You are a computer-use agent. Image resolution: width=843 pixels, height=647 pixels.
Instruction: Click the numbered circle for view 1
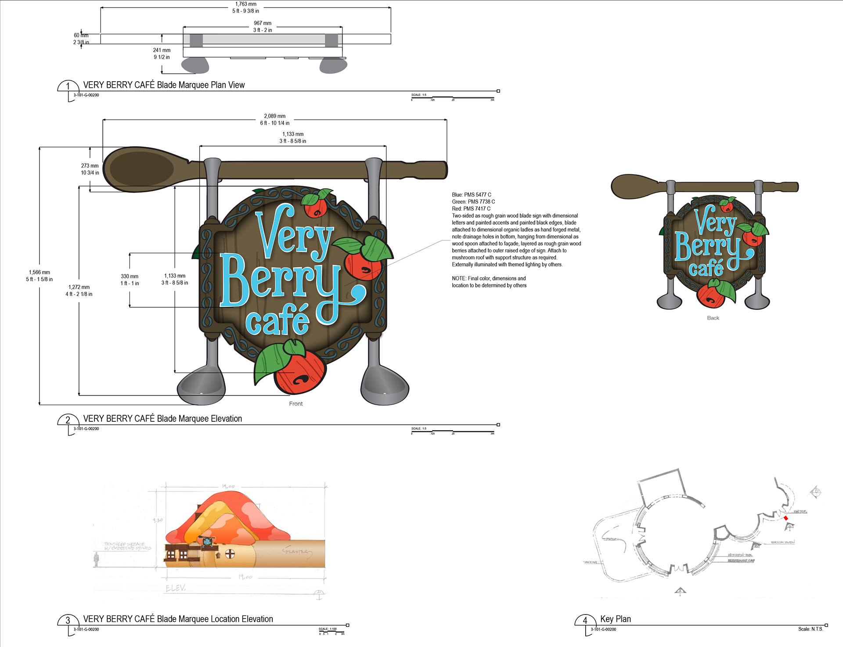[68, 86]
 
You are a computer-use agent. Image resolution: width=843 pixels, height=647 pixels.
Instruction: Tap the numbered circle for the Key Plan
[585, 620]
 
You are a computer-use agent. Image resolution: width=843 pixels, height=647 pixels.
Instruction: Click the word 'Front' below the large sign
[296, 404]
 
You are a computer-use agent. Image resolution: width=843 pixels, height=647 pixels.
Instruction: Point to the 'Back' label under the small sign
[713, 318]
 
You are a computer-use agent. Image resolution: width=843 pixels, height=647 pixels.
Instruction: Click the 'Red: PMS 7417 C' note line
[471, 208]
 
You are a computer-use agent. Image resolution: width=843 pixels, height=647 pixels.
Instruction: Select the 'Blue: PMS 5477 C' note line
[472, 194]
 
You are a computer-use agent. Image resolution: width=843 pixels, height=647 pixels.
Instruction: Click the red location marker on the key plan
[786, 518]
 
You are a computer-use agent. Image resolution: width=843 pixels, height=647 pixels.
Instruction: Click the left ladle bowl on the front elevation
[201, 386]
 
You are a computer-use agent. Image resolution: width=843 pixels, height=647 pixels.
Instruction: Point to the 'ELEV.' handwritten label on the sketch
[176, 588]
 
